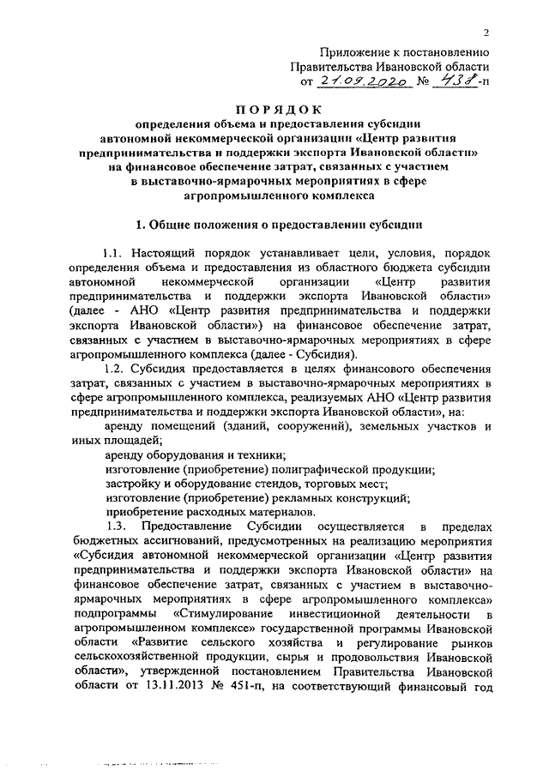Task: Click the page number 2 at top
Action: pos(486,33)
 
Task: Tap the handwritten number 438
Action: pos(452,81)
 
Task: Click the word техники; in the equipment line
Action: pos(260,454)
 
